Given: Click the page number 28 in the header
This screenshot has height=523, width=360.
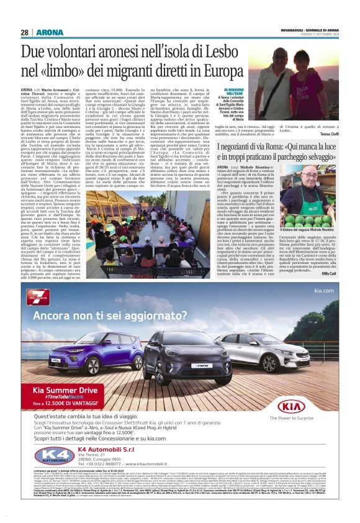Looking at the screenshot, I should [24, 32].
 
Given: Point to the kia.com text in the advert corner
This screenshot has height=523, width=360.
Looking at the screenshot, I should [327, 291].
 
